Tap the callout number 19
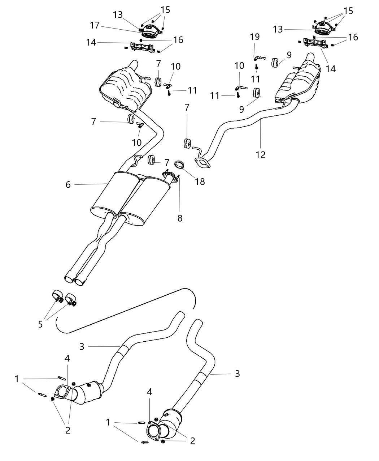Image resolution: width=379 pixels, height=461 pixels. coord(255,37)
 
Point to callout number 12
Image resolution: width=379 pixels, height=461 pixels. coord(260,154)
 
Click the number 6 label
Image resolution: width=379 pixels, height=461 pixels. coord(68,184)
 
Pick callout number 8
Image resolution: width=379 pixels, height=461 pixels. coord(180,218)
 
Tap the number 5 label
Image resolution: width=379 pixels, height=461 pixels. coord(40,324)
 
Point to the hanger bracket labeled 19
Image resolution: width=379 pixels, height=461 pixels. coord(258,57)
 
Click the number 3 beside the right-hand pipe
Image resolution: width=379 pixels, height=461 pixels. coord(237,374)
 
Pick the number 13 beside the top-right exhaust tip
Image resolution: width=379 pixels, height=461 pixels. coord(278,29)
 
